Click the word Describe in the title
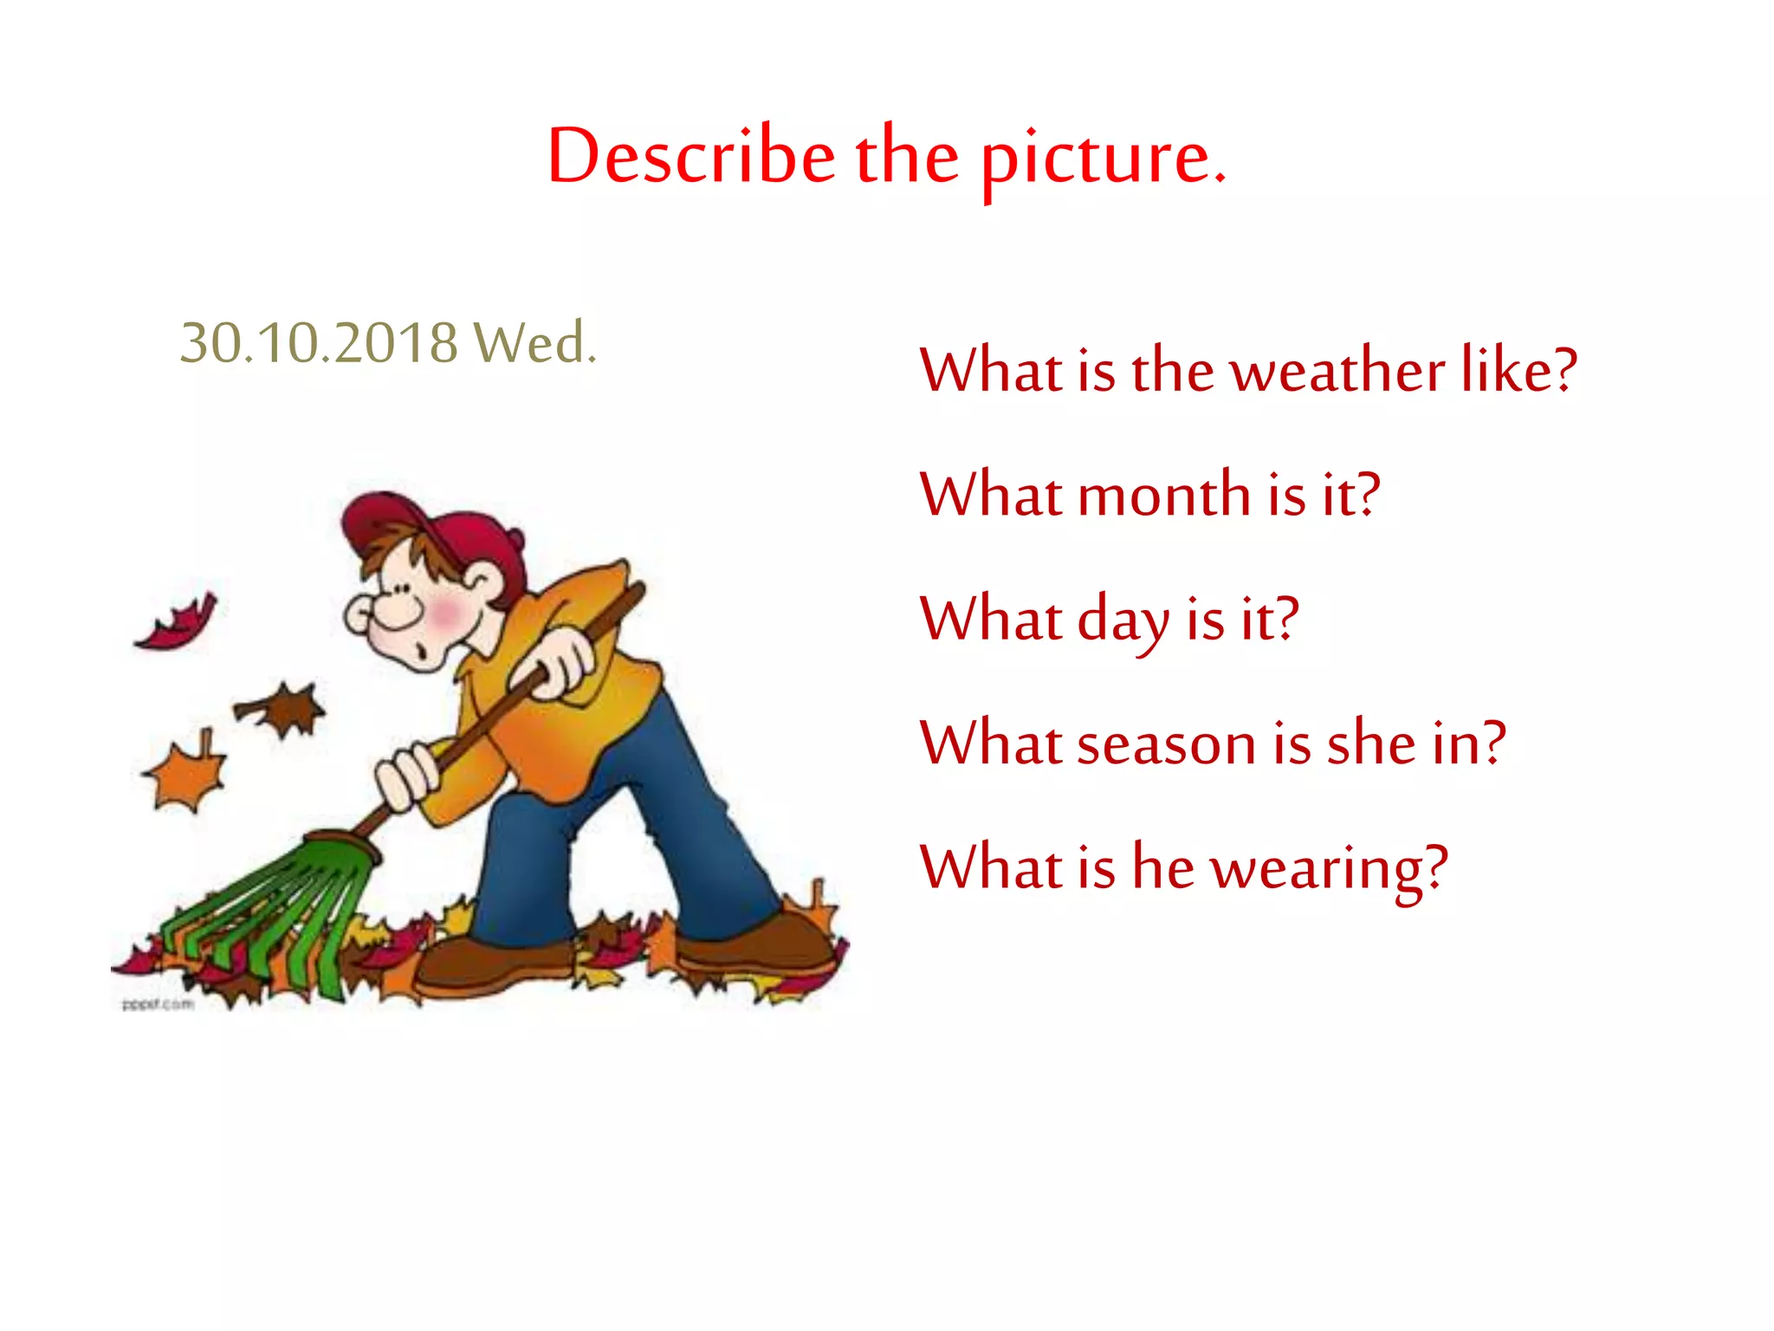point(690,156)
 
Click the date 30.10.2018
point(318,342)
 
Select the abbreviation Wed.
point(534,342)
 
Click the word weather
point(1338,370)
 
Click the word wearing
point(1328,869)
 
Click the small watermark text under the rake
point(158,1004)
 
